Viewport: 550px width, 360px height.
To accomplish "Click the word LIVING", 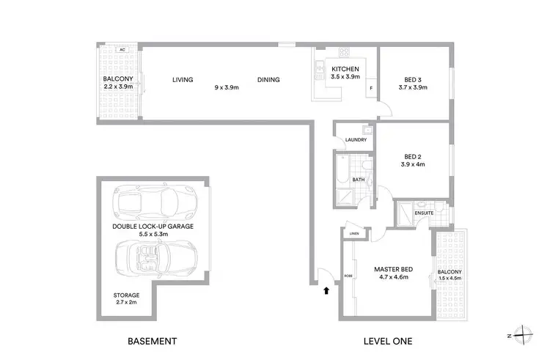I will (182, 80).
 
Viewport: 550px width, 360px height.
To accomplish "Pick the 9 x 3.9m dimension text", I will (226, 87).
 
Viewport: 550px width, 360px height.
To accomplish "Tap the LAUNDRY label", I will (351, 139).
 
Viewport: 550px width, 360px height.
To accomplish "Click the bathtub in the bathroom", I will (342, 169).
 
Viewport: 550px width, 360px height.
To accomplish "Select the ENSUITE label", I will (424, 213).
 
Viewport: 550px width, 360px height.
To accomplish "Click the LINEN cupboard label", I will (355, 234).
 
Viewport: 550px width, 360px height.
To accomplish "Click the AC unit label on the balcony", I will (122, 50).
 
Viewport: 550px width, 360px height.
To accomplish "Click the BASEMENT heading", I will (152, 341).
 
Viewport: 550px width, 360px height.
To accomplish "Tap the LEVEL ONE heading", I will (389, 341).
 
